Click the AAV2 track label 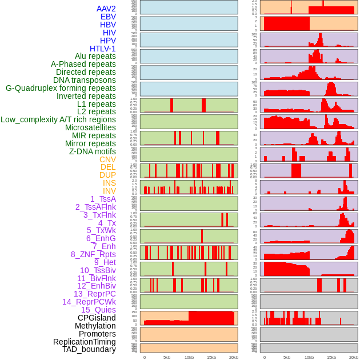(106, 9)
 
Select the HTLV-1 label (102, 49)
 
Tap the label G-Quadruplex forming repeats (61, 88)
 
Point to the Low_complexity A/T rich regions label (58, 119)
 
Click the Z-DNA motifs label (92, 151)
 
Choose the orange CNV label (107, 159)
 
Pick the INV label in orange (109, 191)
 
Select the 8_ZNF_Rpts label (93, 254)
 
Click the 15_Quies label (98, 310)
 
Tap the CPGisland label (97, 318)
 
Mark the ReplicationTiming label (84, 342)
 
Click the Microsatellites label (90, 127)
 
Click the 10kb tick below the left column (189, 357)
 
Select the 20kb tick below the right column (354, 357)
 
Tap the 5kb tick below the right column (287, 357)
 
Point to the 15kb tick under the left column (211, 357)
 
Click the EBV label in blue (108, 17)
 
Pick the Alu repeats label (95, 56)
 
